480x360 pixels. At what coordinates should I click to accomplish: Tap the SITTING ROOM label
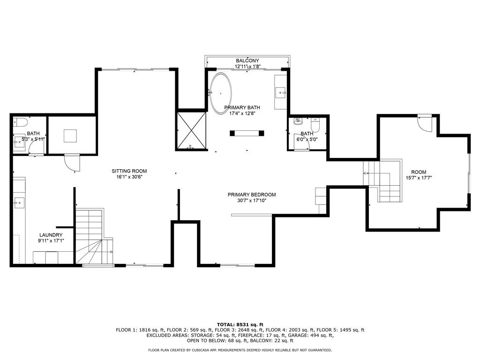[129, 171]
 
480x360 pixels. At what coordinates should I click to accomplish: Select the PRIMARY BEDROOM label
[252, 195]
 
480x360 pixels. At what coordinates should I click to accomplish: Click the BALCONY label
[247, 60]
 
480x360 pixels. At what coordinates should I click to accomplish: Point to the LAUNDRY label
[51, 235]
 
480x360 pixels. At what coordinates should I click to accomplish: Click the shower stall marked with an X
[192, 131]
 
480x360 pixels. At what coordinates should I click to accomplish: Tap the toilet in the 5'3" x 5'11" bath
[21, 122]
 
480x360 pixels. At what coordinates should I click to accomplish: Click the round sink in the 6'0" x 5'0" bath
[298, 121]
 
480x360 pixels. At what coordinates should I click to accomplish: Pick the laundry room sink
[19, 202]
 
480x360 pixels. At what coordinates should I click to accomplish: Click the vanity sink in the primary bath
[281, 92]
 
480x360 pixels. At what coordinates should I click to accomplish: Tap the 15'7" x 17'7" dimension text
[419, 178]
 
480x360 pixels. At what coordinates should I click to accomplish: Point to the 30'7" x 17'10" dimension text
[252, 201]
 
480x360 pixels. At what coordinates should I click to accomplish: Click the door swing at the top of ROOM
[425, 123]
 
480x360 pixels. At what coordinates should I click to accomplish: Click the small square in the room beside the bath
[70, 136]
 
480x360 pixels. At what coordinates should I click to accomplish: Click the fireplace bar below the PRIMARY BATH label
[247, 133]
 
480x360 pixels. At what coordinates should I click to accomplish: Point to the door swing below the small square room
[72, 162]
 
